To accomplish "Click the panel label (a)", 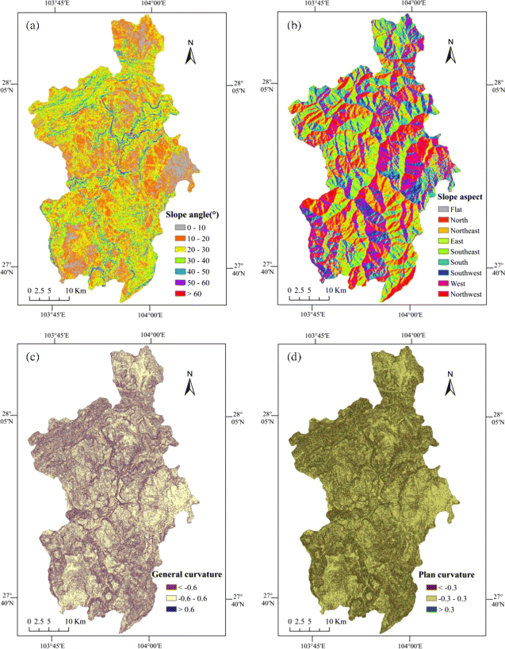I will click(x=33, y=25).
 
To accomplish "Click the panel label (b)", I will click(x=291, y=25).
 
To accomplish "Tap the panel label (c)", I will click(x=33, y=355).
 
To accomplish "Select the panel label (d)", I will click(x=291, y=355).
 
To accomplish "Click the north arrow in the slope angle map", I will click(x=190, y=54).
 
